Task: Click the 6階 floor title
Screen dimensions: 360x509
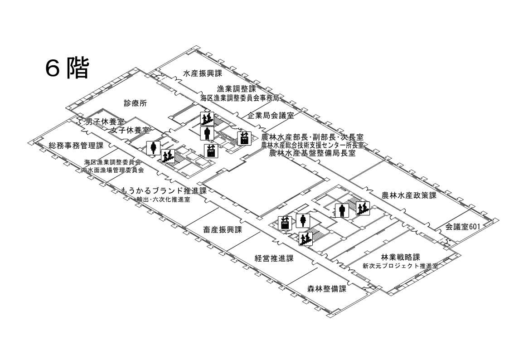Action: coord(67,68)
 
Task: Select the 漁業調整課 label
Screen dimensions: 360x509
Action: coord(236,89)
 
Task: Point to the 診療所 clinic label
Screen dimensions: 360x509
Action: coord(136,103)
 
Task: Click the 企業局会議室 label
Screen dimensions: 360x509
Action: coord(271,115)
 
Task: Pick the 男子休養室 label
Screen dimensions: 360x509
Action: coord(105,122)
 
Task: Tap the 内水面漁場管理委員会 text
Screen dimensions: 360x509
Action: coord(112,170)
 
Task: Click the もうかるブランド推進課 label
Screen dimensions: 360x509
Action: coord(164,190)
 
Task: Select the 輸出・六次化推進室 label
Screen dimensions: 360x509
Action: coord(163,199)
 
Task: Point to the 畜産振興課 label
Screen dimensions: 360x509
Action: coord(223,229)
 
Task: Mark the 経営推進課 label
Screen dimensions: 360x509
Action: coord(274,258)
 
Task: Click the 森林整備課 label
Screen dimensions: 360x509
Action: coord(326,289)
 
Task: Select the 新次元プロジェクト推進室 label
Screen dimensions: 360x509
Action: coord(400,266)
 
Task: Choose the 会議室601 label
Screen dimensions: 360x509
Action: coord(461,226)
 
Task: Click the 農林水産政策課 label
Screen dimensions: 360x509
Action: coord(409,195)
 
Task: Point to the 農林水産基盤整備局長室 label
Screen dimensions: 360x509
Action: coord(312,153)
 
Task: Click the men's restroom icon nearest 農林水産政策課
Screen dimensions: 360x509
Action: coord(342,210)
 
